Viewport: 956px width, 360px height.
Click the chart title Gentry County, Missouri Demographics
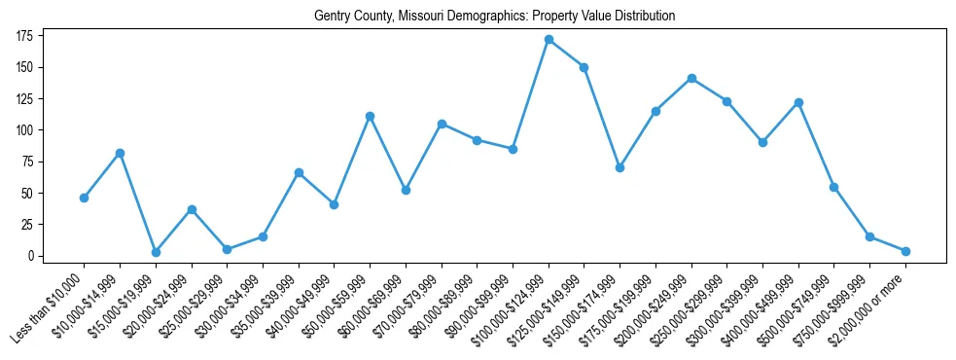pyautogui.click(x=494, y=17)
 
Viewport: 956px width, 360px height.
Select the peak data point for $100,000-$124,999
pyautogui.click(x=549, y=40)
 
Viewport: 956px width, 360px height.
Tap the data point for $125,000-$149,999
pyautogui.click(x=584, y=67)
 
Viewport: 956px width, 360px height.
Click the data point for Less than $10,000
pyautogui.click(x=84, y=198)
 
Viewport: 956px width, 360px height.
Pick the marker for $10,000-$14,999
pyautogui.click(x=120, y=153)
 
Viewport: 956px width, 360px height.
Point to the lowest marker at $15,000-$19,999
pyautogui.click(x=156, y=252)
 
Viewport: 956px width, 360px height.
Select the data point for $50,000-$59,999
pyautogui.click(x=370, y=116)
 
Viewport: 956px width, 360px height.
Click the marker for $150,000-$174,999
pyautogui.click(x=620, y=167)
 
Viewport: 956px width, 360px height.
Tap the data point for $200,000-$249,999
pyautogui.click(x=691, y=78)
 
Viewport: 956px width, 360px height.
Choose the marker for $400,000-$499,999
pyautogui.click(x=798, y=102)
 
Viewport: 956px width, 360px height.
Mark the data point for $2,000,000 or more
pyautogui.click(x=905, y=251)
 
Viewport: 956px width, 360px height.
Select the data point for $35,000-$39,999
pyautogui.click(x=299, y=172)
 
